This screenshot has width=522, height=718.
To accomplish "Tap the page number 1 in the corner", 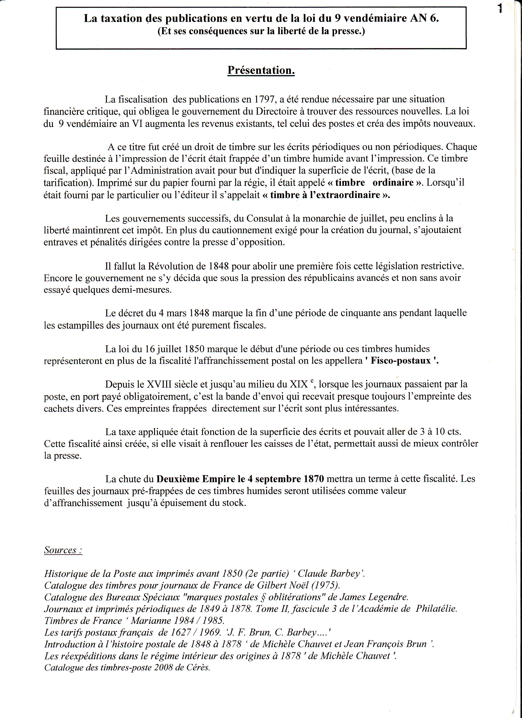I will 500,9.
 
